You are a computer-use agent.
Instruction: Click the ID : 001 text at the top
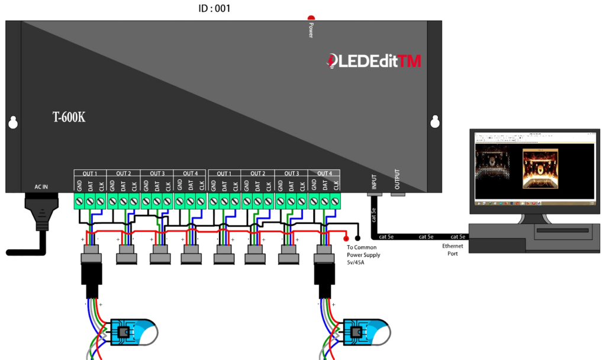tap(214, 9)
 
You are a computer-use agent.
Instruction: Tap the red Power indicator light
tap(311, 19)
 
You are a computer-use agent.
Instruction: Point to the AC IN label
tap(41, 187)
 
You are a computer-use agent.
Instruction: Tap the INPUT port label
tap(373, 180)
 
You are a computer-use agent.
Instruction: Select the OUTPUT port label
tap(398, 179)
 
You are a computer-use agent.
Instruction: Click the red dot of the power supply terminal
tap(347, 237)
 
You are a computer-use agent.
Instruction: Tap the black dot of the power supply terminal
tap(357, 237)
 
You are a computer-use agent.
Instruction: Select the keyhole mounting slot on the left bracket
tap(13, 123)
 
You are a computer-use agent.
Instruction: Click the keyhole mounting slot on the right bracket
tap(435, 122)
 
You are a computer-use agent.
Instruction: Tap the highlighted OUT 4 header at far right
tap(325, 173)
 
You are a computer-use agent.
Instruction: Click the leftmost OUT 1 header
tap(90, 173)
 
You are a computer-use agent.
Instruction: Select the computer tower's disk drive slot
tap(562, 230)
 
